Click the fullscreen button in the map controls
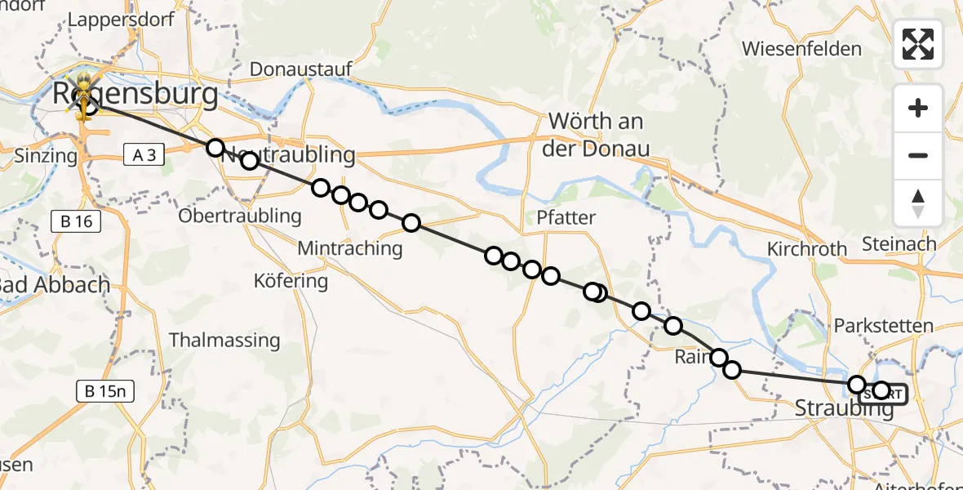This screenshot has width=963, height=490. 918,44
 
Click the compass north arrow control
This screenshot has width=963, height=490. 918,203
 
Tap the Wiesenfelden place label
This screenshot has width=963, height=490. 801,49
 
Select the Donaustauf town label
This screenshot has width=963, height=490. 300,69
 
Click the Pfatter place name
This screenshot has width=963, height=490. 566,218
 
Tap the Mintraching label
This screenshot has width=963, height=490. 351,248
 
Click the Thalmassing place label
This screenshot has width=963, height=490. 224,340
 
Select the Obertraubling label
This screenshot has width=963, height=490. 240,216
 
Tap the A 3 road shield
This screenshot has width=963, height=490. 144,154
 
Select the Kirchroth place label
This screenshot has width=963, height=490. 807,249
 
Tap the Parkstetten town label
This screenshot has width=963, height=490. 883,326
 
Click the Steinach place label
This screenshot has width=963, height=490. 899,243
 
